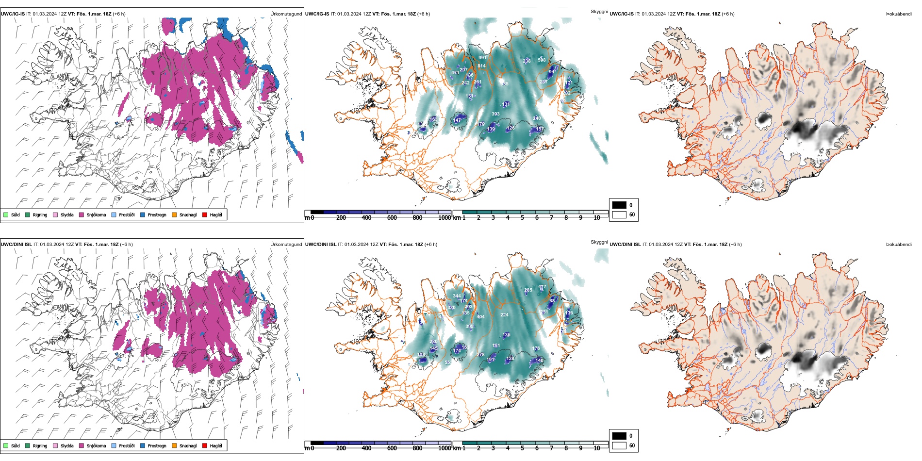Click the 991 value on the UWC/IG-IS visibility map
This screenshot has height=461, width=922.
[482, 58]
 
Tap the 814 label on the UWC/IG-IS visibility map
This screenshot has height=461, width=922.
[481, 66]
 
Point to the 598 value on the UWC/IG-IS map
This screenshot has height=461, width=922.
[542, 60]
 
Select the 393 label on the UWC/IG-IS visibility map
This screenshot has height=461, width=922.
[495, 114]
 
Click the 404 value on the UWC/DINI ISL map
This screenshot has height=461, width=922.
[480, 317]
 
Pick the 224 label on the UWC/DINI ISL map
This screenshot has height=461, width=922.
[504, 315]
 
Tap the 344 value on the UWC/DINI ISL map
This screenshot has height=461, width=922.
[457, 296]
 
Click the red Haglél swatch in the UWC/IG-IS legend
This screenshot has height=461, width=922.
[205, 214]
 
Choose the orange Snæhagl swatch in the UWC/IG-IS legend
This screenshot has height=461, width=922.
[174, 214]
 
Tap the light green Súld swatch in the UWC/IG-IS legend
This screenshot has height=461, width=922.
[6, 214]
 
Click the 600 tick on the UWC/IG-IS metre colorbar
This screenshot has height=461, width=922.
[392, 218]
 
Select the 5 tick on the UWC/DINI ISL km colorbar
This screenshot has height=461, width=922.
[522, 448]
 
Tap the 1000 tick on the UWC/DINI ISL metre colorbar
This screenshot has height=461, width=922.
[444, 448]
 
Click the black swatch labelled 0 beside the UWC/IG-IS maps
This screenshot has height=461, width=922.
[619, 205]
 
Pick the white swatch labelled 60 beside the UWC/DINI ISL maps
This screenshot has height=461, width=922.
[619, 445]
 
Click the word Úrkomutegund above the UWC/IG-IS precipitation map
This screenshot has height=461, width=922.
[286, 14]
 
